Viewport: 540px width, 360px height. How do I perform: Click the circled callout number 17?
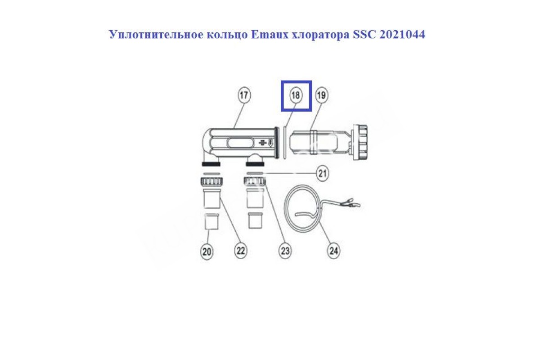pos(244,95)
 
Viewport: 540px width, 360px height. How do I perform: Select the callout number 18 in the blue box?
pos(296,95)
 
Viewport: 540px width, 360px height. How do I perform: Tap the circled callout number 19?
pos(322,95)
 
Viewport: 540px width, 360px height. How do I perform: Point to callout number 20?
pos(207,252)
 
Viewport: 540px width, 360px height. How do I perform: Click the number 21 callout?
pos(323,173)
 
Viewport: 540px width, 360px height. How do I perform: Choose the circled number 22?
pos(241,251)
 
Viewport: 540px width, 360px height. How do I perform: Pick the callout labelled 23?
pos(285,251)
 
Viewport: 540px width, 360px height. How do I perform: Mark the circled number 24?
pos(333,251)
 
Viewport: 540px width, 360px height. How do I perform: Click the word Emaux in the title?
pos(270,35)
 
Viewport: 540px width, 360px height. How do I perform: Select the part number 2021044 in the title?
pos(402,35)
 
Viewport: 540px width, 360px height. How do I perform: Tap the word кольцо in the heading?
pos(227,35)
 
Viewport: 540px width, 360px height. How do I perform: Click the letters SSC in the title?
pos(364,35)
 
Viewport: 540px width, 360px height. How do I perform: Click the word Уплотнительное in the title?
pos(157,35)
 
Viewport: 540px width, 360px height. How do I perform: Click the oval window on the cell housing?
pos(240,144)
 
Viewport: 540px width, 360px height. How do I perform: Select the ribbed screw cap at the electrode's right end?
pos(360,142)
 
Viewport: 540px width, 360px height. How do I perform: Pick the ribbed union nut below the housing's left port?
pos(211,181)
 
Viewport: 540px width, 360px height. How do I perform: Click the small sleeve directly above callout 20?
pos(211,221)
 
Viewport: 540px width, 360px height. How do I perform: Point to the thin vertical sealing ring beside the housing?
pos(284,143)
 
